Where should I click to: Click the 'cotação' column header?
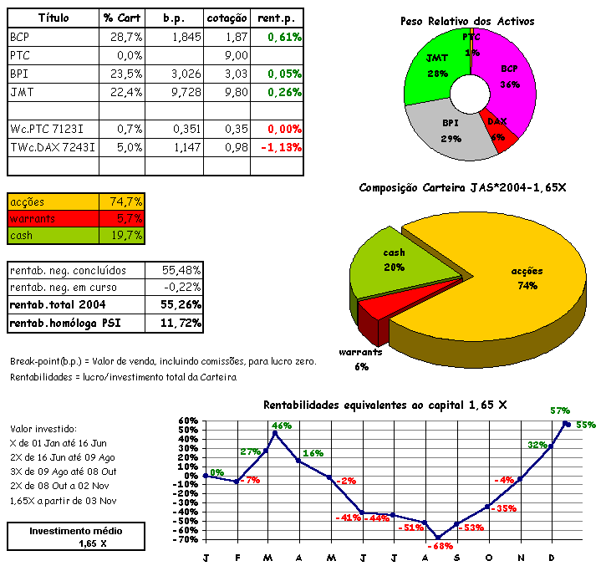tap(226, 18)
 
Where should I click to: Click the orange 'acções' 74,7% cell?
tap(125, 201)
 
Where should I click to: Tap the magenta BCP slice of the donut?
tap(507, 75)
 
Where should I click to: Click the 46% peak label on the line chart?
tap(282, 426)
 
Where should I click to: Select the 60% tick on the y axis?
tap(187, 421)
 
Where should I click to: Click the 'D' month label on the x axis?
tap(551, 557)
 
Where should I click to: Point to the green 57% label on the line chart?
tap(559, 410)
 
